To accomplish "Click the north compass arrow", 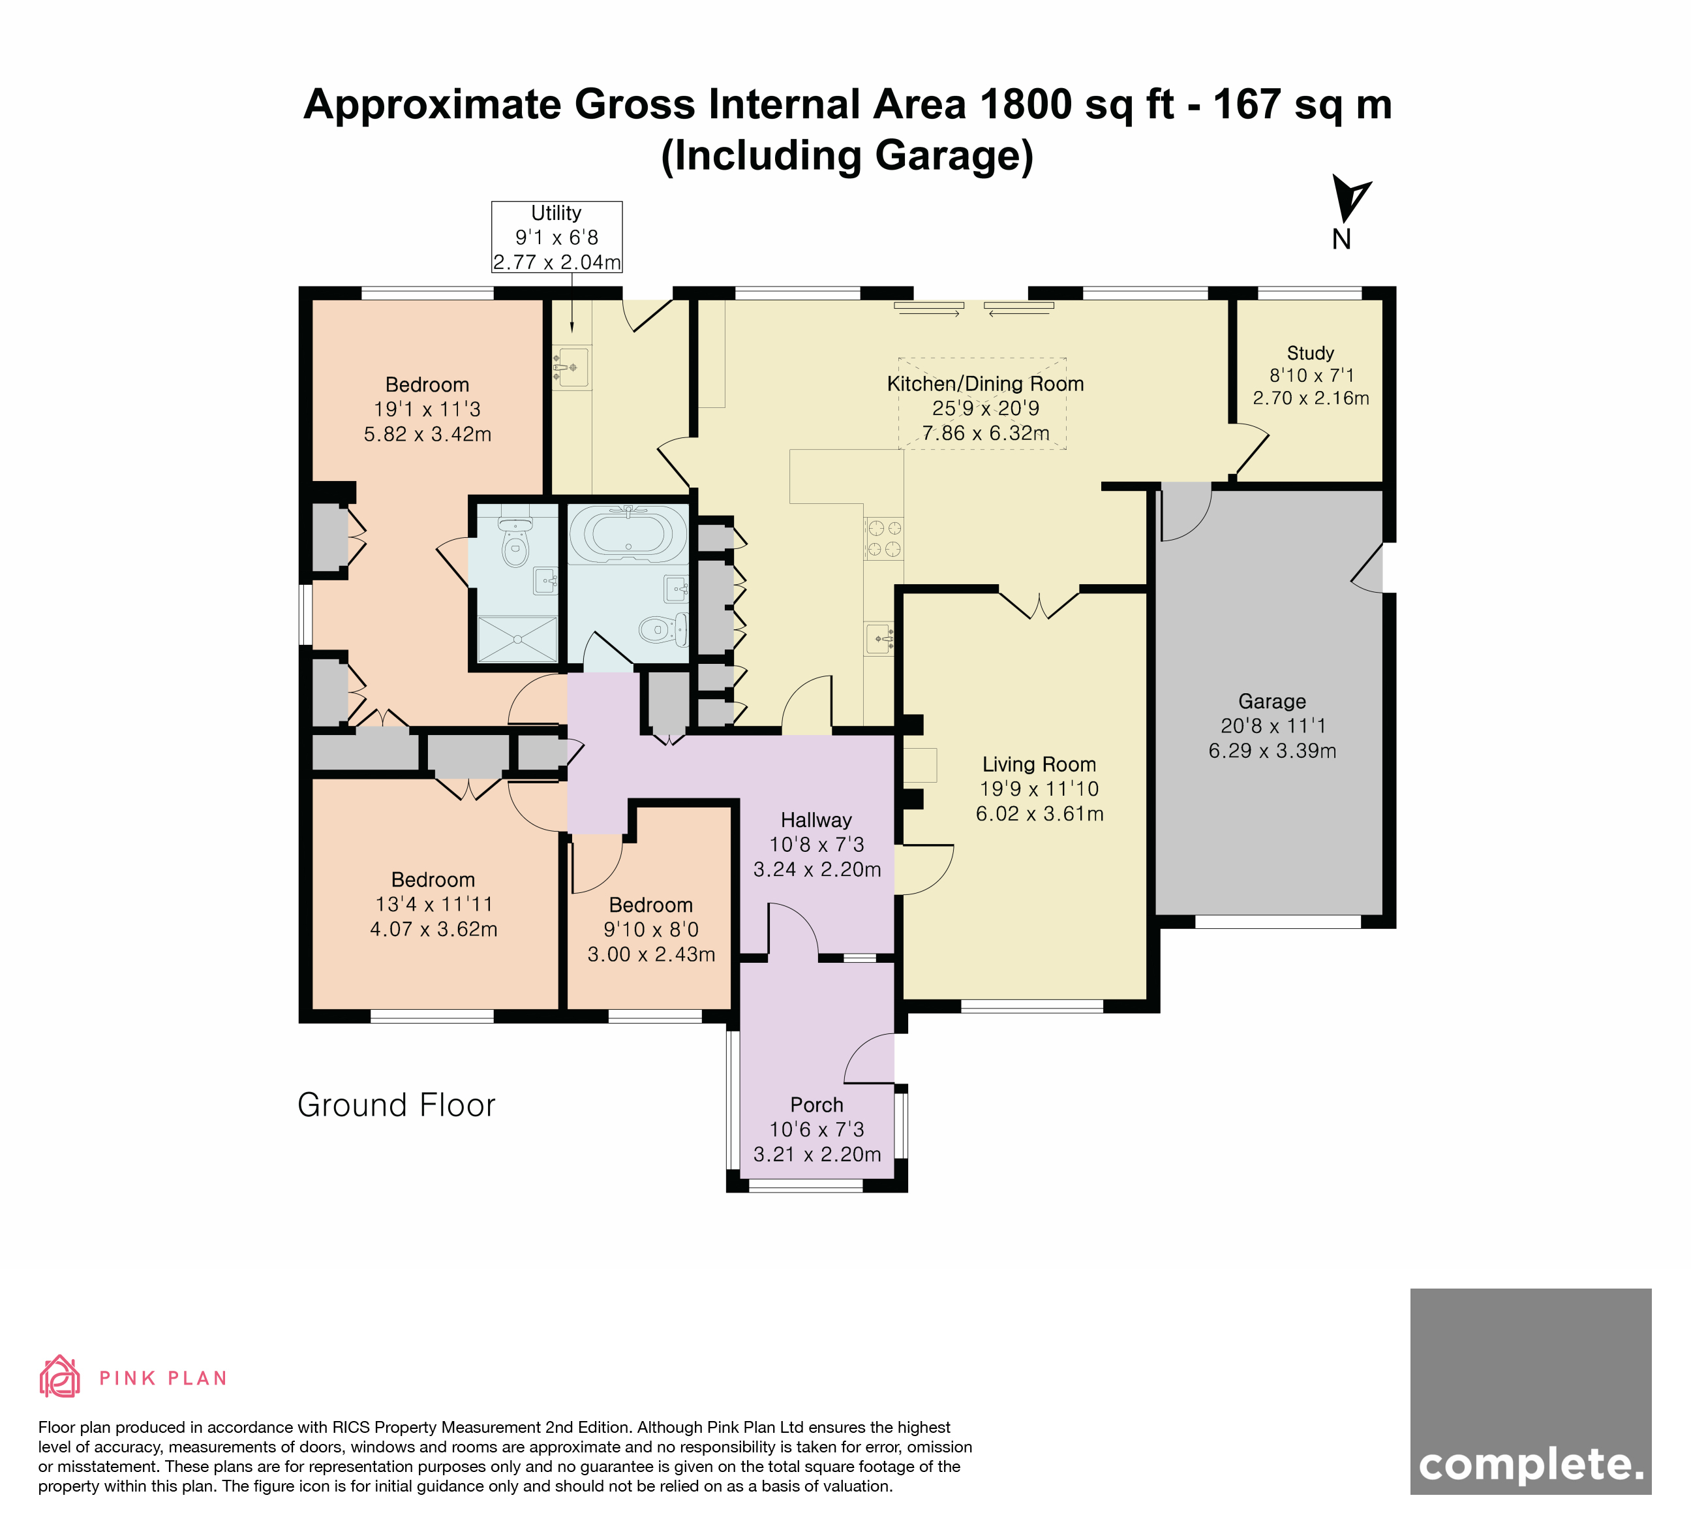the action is point(1350,199).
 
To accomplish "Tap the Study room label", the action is point(1310,353).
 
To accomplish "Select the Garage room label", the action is point(1272,702).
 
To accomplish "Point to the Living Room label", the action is point(1039,764).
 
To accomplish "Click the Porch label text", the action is point(816,1105).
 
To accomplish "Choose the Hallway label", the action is point(816,821).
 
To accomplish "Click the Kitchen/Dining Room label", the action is point(986,384).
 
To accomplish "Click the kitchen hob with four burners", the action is point(884,539).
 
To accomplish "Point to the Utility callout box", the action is point(557,237).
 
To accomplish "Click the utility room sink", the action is point(571,367).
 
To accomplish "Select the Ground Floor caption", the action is point(396,1105).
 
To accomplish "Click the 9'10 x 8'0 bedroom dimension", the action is point(651,930).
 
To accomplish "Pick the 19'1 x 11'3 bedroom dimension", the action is point(427,409).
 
